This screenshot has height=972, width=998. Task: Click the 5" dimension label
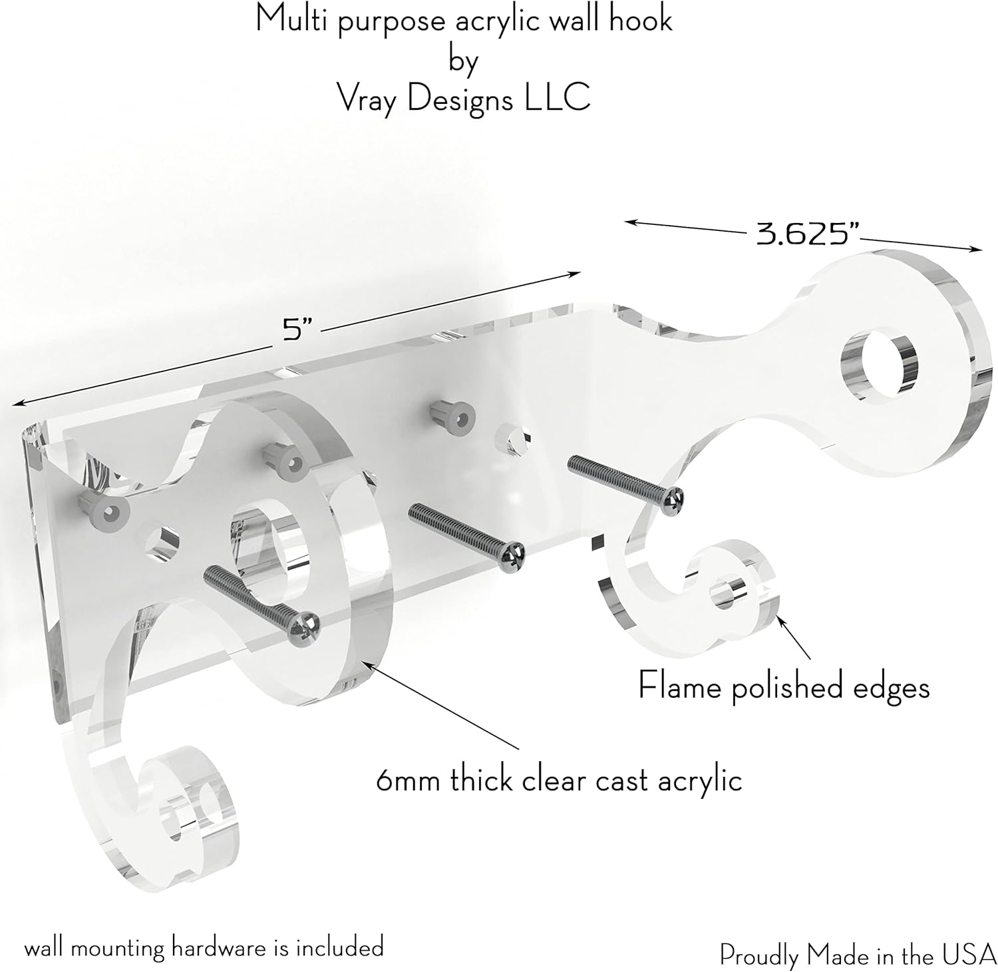pos(293,330)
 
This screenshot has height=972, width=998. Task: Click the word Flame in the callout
pos(681,685)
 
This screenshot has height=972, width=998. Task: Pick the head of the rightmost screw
pos(673,495)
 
